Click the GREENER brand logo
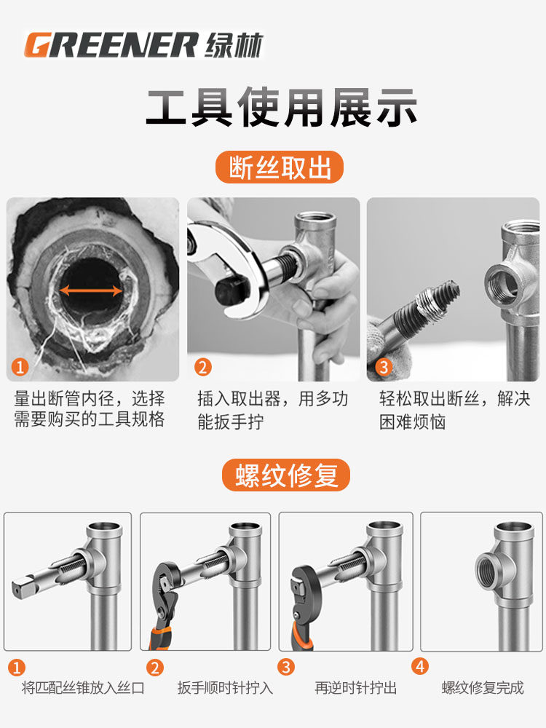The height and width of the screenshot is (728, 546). pos(111,45)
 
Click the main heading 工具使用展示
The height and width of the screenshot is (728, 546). pos(282,108)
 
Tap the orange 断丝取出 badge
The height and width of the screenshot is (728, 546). pos(280,167)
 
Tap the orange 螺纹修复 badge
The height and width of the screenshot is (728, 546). pos(286,475)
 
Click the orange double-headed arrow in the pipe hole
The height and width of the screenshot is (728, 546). pos(91,291)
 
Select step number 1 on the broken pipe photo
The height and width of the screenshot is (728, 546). pos(20,367)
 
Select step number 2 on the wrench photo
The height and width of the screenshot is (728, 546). pos(202,367)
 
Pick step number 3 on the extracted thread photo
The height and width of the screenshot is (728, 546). pos(384,367)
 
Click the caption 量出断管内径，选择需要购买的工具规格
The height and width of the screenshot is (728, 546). pos(89,409)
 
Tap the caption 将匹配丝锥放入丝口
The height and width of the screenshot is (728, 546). pos(83,688)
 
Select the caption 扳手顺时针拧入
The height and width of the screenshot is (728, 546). pos(225,688)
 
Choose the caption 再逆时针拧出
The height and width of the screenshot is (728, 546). pos(356,688)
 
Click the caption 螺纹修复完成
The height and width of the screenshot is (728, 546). pos(483,688)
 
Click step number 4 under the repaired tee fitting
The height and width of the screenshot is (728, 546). pos(420,667)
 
